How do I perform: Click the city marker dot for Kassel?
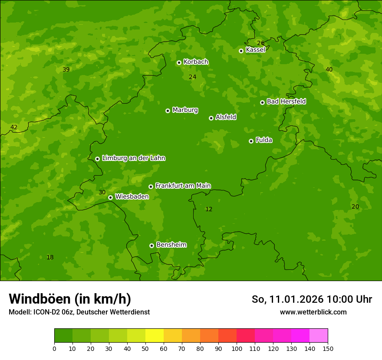(x=241, y=51)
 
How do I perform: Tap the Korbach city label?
(x=196, y=62)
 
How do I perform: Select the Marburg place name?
(x=185, y=110)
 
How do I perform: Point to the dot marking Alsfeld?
(x=211, y=118)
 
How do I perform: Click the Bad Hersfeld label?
(x=286, y=101)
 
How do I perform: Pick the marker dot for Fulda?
(x=251, y=141)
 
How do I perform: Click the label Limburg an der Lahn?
(x=133, y=158)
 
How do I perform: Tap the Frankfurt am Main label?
(x=183, y=186)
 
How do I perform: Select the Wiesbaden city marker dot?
(x=110, y=197)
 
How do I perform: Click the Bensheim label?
(x=171, y=245)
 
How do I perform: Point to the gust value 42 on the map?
(x=14, y=127)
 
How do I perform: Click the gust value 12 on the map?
(x=209, y=209)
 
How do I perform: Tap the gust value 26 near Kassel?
(x=260, y=43)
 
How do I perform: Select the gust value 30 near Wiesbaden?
(x=102, y=192)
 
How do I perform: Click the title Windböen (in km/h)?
(x=70, y=299)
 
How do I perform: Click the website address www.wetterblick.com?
(x=313, y=312)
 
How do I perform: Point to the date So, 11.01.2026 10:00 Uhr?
(x=312, y=299)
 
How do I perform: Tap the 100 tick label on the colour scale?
(x=237, y=348)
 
